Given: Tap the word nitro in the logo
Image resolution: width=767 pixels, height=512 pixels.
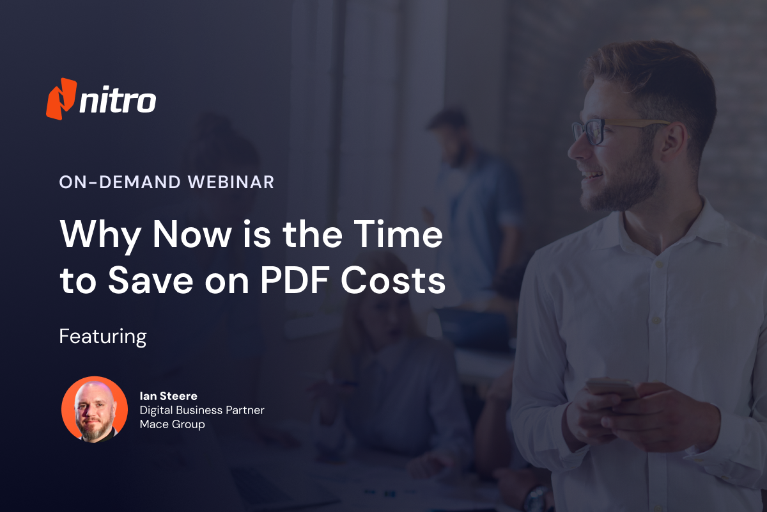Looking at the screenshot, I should click(x=118, y=101).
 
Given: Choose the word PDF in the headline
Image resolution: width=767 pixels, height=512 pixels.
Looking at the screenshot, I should click(x=300, y=282).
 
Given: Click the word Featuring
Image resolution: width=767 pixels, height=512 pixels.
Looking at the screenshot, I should click(x=103, y=337).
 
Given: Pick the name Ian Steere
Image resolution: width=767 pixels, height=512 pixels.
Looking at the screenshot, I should click(x=169, y=396).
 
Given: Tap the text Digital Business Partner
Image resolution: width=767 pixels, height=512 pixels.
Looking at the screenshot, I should click(x=202, y=410).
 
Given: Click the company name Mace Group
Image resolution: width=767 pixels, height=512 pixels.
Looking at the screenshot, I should click(x=173, y=424).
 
